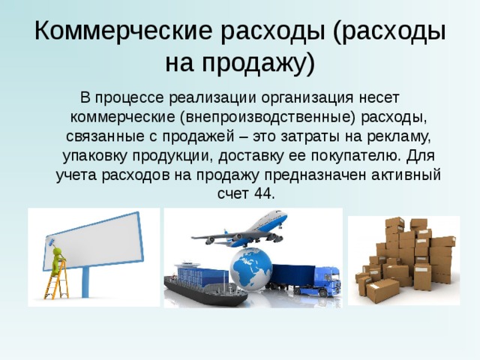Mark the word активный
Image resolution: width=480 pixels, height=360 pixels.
[405, 175]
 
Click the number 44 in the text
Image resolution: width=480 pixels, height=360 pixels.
[263, 193]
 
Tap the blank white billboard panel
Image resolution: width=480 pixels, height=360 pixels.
[97, 240]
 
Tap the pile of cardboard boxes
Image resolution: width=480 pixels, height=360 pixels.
[405, 259]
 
